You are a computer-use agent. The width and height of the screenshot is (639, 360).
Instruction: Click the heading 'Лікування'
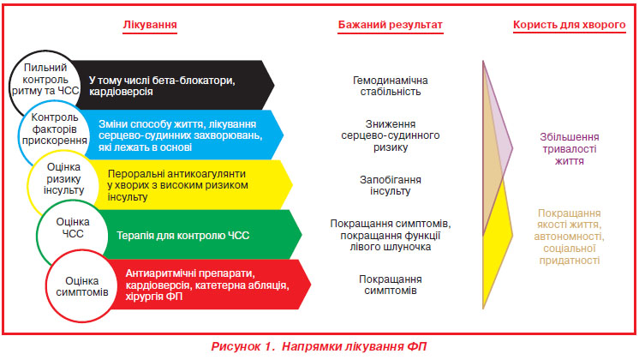150,25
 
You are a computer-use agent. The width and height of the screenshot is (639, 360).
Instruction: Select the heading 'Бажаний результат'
390,25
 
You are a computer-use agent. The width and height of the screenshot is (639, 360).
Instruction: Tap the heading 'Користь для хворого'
569,25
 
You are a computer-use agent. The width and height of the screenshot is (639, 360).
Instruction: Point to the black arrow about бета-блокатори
176,85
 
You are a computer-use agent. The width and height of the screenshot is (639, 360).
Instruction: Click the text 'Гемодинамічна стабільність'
390,86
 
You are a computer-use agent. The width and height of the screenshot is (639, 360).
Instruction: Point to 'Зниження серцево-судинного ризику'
390,135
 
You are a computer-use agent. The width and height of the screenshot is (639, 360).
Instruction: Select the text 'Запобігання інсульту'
390,185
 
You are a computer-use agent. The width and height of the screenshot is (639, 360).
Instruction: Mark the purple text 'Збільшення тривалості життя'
570,149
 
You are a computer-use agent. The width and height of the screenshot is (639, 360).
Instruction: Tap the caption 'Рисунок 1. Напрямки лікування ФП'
319,346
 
